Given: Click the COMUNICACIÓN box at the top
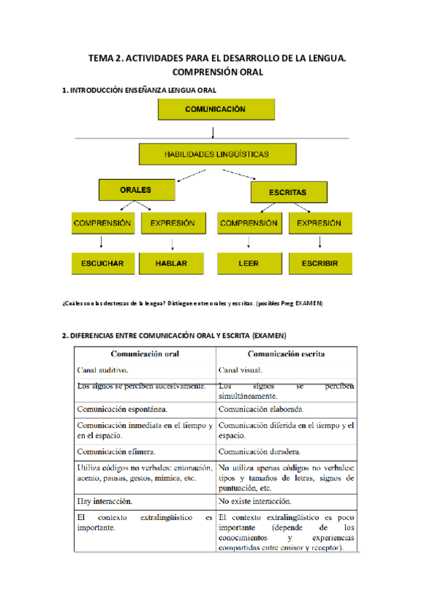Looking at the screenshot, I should point(215,110).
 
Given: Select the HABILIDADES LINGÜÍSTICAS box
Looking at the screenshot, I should point(217,154).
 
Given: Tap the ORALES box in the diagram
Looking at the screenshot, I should point(136,190).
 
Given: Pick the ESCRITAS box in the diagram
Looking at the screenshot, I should point(288,192).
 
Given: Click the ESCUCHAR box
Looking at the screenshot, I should point(102,264).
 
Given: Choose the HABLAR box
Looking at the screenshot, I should point(171,264).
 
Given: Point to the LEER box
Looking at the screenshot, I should point(248,264).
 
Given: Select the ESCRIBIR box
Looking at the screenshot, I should point(320,264).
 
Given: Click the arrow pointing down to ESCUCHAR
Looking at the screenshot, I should point(102,242).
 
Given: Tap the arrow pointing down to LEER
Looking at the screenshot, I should point(248,242).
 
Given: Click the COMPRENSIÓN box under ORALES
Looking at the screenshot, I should point(102,223).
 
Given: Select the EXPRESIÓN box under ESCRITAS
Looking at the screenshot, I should point(320,223).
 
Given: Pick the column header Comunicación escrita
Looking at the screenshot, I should point(286,354).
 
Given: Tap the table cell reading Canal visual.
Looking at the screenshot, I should point(243,370).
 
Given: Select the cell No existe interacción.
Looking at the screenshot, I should point(255,501).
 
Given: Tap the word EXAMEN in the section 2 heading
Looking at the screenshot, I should point(269,335).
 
